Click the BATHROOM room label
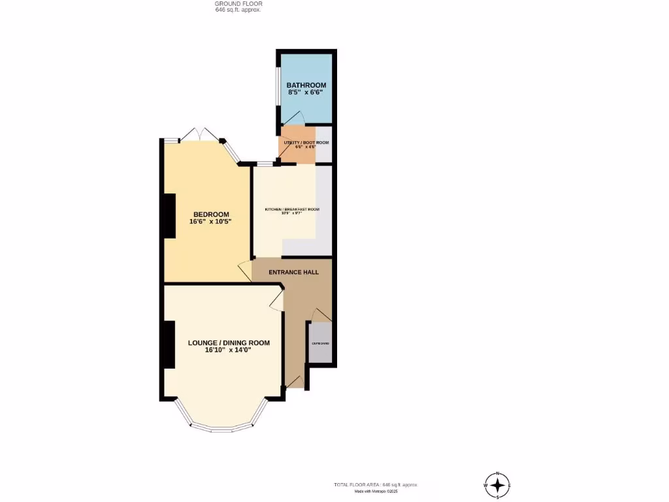pyautogui.click(x=306, y=85)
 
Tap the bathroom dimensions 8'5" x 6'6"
pyautogui.click(x=306, y=93)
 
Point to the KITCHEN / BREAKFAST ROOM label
pyautogui.click(x=291, y=209)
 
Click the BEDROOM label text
pyautogui.click(x=211, y=214)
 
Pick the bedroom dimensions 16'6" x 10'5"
pyautogui.click(x=211, y=222)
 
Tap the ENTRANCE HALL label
pyautogui.click(x=293, y=272)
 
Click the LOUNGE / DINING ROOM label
pyautogui.click(x=229, y=343)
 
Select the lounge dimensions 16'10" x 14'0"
pyautogui.click(x=229, y=350)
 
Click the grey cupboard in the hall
pyautogui.click(x=320, y=343)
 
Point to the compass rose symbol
pyautogui.click(x=498, y=485)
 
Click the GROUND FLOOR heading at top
pyautogui.click(x=238, y=4)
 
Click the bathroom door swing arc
pyautogui.click(x=294, y=118)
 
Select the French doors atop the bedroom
pyautogui.click(x=200, y=133)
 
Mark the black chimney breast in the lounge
pyautogui.click(x=169, y=344)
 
